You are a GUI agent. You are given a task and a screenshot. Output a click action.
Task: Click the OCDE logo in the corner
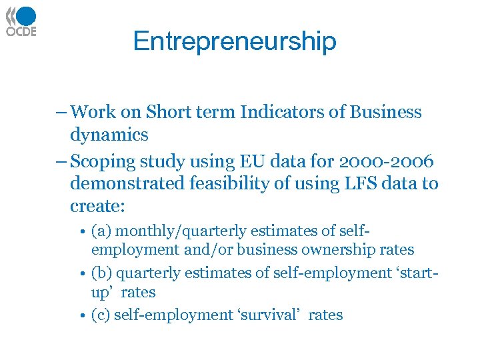21,21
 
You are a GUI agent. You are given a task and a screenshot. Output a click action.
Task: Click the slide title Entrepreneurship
235,41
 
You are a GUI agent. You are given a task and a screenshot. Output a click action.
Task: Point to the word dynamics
109,135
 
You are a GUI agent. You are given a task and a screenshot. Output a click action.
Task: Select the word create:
97,206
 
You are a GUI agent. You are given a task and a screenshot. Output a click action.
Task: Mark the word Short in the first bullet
170,112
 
